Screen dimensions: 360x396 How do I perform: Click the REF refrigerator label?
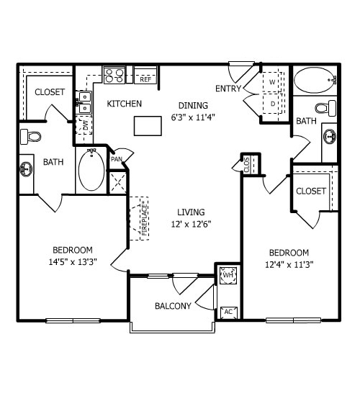pos(145,79)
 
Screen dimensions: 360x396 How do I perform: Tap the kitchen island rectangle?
pos(148,126)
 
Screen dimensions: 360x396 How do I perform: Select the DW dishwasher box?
pos(84,125)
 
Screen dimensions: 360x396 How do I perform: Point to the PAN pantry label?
pos(117,159)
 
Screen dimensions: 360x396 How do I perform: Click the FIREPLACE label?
pos(144,218)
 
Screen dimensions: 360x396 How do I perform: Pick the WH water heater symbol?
pos(228,275)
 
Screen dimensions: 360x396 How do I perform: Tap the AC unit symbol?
pos(228,312)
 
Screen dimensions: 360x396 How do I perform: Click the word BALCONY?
pos(173,306)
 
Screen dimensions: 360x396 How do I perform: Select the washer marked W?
pos(272,82)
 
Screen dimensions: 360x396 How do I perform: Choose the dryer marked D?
pos(272,104)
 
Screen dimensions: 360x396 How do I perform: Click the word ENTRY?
pos(228,89)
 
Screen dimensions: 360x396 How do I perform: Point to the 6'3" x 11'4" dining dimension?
pos(193,117)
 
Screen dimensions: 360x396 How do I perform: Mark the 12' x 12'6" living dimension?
pos(191,224)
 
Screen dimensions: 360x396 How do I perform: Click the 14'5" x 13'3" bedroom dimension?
pos(73,262)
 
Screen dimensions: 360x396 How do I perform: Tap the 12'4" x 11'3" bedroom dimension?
pos(289,265)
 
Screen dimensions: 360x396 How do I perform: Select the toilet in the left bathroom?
pos(31,137)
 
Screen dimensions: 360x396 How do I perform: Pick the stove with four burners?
pos(114,75)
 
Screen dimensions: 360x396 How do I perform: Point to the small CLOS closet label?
pos(247,165)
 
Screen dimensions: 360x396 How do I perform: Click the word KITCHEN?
pos(125,104)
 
